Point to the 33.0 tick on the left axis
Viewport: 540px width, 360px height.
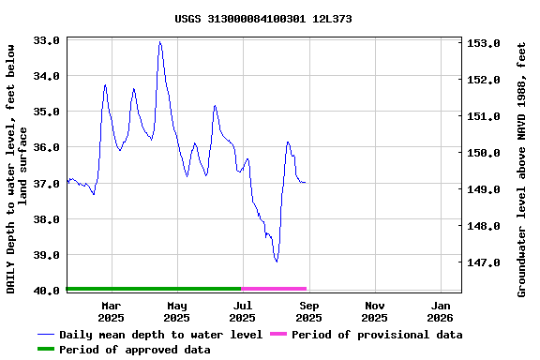pos(48,40)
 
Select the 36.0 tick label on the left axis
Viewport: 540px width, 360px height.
pos(48,147)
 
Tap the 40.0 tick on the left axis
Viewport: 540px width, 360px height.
pos(48,291)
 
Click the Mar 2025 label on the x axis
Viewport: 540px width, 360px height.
pos(111,311)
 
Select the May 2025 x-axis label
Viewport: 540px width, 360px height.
pos(176,311)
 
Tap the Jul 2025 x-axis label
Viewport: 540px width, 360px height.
pos(243,311)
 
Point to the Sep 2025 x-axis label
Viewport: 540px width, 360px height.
pos(309,311)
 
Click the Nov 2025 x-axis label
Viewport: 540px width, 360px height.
pos(375,311)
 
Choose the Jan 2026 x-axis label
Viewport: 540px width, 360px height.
pos(442,311)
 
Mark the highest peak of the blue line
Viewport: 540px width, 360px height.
pos(160,42)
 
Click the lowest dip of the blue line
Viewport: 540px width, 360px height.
pos(277,261)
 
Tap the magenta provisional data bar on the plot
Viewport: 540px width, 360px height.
pos(275,289)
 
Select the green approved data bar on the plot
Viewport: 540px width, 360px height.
pos(154,289)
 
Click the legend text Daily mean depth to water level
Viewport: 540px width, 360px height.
pos(160,335)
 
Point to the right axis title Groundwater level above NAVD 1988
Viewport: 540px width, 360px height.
pos(522,169)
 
